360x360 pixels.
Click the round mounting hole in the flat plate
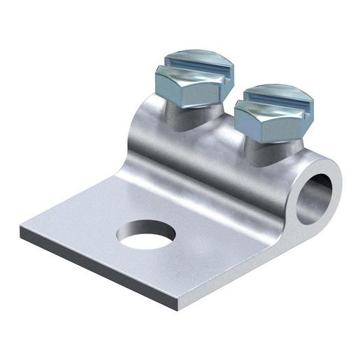tap(145, 235)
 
